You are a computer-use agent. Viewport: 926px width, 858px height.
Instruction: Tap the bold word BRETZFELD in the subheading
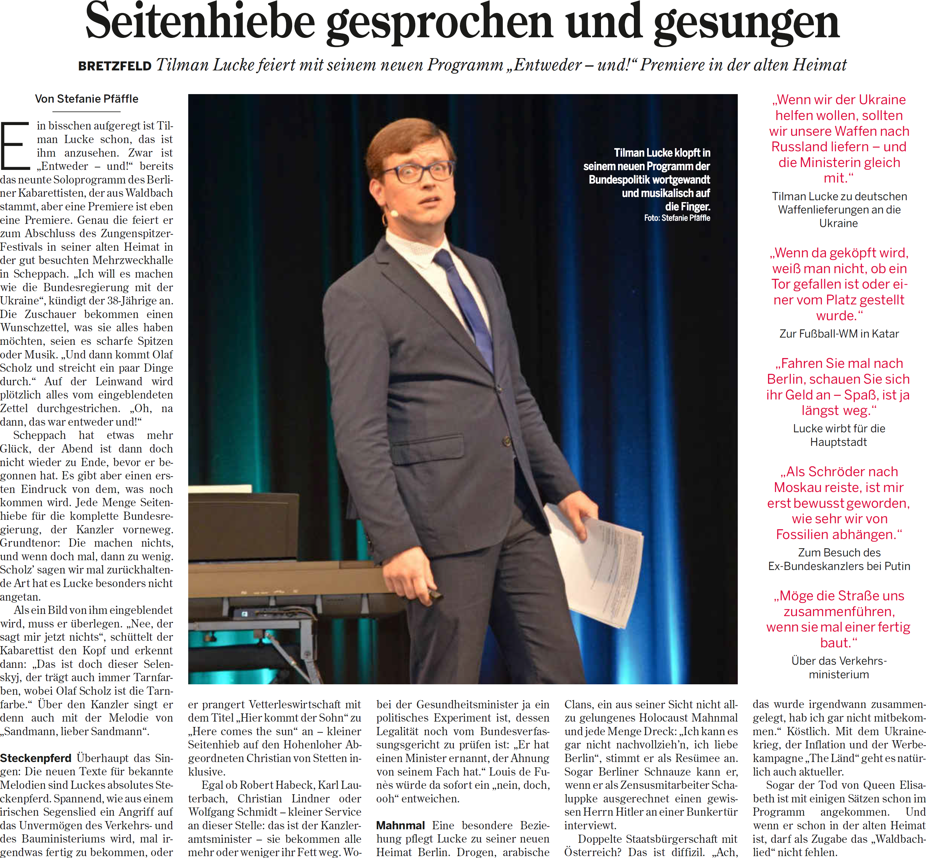pyautogui.click(x=115, y=66)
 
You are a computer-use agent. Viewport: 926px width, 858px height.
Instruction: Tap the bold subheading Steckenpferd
pyautogui.click(x=35, y=758)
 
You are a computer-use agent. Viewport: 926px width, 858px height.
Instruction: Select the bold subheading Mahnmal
pyautogui.click(x=400, y=825)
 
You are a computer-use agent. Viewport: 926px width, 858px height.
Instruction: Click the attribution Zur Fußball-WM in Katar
pyautogui.click(x=839, y=334)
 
